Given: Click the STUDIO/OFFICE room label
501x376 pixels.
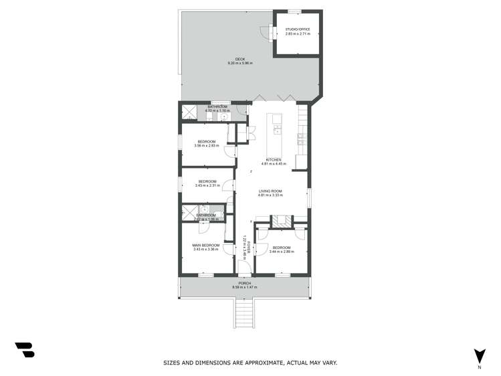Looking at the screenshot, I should coord(298,29).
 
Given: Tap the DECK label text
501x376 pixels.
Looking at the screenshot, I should coord(231,59).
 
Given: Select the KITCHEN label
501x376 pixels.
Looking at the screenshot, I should coord(273,159).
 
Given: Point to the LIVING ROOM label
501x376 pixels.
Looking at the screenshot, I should coord(271,191).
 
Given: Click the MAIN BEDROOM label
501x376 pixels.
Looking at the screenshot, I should coord(206,246).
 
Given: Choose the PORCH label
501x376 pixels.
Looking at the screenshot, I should coord(244,283).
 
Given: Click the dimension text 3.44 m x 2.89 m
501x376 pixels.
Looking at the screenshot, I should coord(282,252).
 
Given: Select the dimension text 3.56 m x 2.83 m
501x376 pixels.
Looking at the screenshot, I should coord(207,145).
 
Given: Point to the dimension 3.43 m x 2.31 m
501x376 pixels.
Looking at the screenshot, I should coord(207,185).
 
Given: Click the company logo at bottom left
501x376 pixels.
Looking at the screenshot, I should coord(24,349).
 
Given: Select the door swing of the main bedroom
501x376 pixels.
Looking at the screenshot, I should coord(229,250).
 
